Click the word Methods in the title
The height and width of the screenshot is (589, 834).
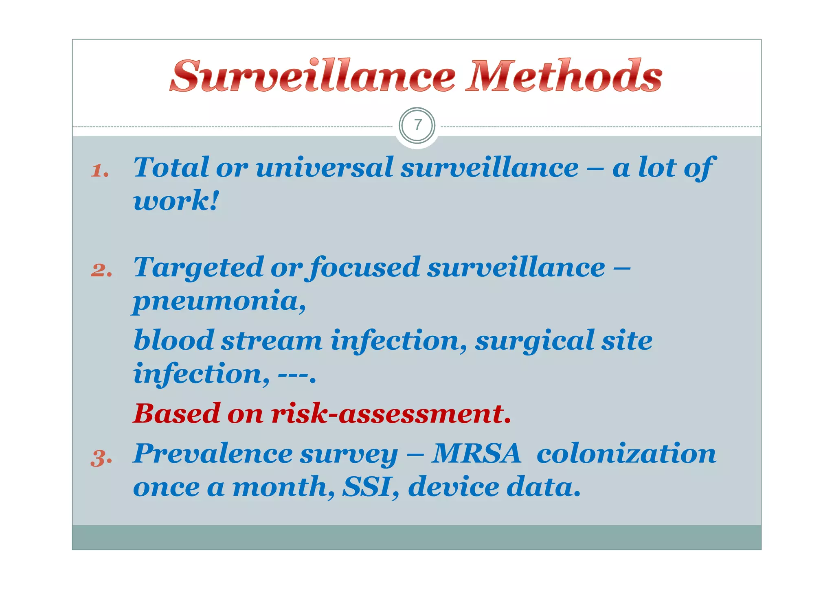pyautogui.click(x=565, y=76)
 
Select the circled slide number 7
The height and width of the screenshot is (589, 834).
pyautogui.click(x=417, y=125)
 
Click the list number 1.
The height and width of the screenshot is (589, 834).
pyautogui.click(x=100, y=170)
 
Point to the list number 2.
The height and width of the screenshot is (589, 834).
pyautogui.click(x=101, y=270)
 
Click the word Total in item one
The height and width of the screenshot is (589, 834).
pyautogui.click(x=171, y=167)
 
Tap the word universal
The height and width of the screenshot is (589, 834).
pyautogui.click(x=324, y=167)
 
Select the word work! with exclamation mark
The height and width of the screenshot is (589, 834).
pyautogui.click(x=176, y=200)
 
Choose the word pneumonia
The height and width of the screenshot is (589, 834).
pyautogui.click(x=219, y=301)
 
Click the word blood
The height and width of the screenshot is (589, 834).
pyautogui.click(x=174, y=340)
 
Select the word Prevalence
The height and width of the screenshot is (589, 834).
pyautogui.click(x=213, y=453)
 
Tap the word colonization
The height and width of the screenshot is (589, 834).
pyautogui.click(x=626, y=453)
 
